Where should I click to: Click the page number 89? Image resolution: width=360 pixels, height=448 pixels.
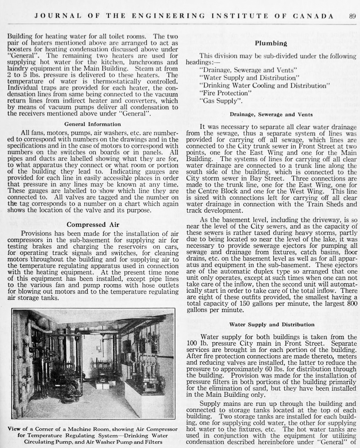coord(352,16)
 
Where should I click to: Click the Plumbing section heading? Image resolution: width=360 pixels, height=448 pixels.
coord(270,43)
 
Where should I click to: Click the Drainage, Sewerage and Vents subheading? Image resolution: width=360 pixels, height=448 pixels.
coord(271,115)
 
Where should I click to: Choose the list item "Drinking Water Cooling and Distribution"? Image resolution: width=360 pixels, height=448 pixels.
coord(265,85)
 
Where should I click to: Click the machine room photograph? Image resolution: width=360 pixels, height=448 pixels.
coord(93,364)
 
